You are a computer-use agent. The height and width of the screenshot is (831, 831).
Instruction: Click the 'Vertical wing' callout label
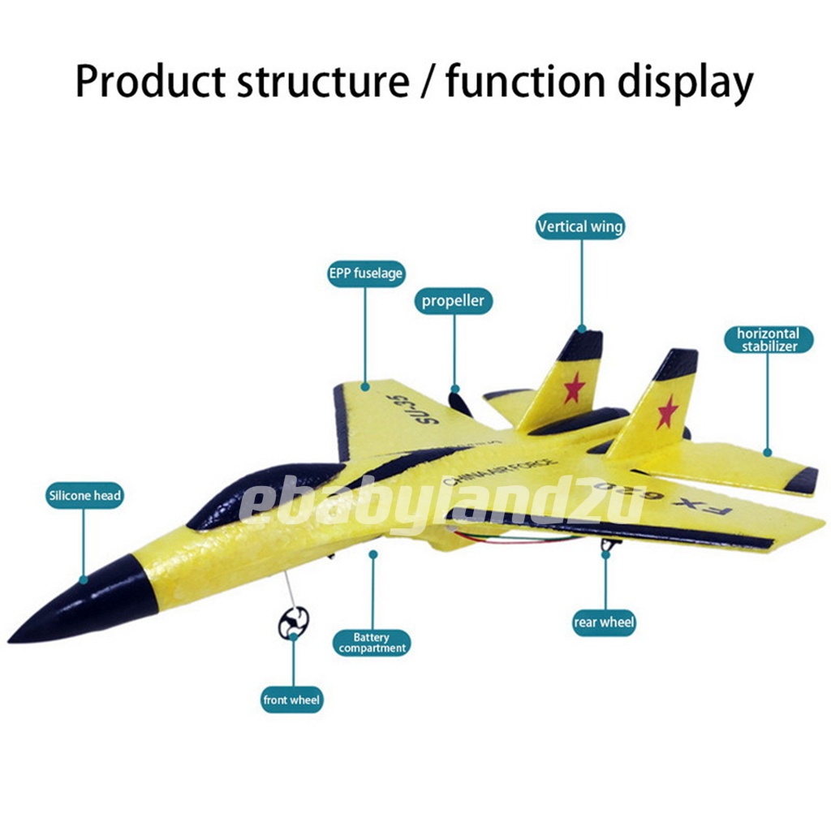pyautogui.click(x=580, y=226)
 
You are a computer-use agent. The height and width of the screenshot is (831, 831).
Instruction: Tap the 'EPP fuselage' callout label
pyautogui.click(x=365, y=273)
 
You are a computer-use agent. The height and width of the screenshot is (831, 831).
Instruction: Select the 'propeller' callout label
pyautogui.click(x=453, y=301)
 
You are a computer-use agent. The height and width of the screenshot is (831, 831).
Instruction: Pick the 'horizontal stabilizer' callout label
pyautogui.click(x=768, y=340)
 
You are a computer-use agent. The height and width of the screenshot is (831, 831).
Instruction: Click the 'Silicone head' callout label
pyautogui.click(x=84, y=495)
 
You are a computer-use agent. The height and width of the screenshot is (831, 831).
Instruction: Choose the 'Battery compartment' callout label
pyautogui.click(x=372, y=643)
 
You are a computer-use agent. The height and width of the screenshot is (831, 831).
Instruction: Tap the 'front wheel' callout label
pyautogui.click(x=292, y=700)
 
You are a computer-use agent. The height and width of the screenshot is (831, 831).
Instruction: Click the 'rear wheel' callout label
pyautogui.click(x=604, y=622)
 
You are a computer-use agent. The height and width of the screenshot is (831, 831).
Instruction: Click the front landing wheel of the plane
pyautogui.click(x=292, y=623)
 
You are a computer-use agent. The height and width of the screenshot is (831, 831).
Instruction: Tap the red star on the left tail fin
pyautogui.click(x=575, y=387)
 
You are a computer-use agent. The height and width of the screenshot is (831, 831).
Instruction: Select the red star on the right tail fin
pyautogui.click(x=667, y=411)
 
